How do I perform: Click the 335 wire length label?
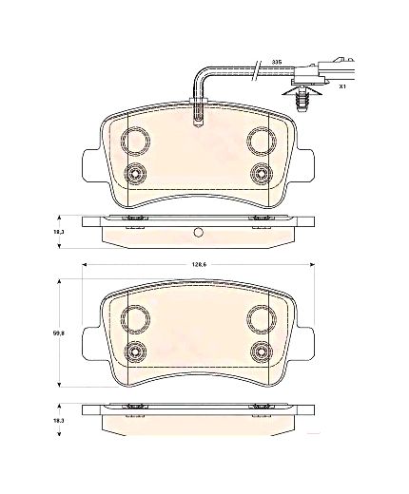point(277,62)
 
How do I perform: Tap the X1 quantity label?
point(342,85)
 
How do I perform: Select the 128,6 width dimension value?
point(199,265)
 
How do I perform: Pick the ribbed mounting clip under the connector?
point(301,97)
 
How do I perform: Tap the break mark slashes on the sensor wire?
point(257,70)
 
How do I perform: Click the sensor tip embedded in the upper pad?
point(199,113)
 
